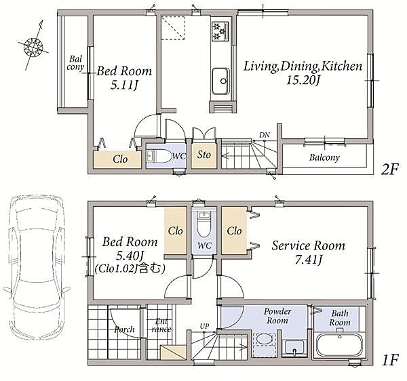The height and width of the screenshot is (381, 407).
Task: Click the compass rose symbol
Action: pos(33,46)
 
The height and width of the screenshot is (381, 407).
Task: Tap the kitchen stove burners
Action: pos(220,31)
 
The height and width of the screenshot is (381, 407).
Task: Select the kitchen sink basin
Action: pos(220,81)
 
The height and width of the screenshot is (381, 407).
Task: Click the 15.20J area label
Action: pos(303,80)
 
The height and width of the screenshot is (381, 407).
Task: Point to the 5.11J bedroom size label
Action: pos(124,85)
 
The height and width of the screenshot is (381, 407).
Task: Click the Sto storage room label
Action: pos(203,155)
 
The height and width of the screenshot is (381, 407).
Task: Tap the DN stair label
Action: pos(265,135)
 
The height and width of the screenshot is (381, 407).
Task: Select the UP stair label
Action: pos(204,326)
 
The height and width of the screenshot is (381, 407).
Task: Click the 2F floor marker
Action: pos(389,170)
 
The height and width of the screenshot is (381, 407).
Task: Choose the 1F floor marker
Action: pos(390,360)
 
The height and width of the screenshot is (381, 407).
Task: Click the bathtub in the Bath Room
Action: pos(340,345)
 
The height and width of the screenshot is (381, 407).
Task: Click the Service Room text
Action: pos(309,245)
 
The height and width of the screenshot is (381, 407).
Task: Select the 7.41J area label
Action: pos(309,260)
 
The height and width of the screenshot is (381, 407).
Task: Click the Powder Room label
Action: pos(277,316)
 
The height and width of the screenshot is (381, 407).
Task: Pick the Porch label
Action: pos(125,329)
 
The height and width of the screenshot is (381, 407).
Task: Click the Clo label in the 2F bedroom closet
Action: pos(120,159)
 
